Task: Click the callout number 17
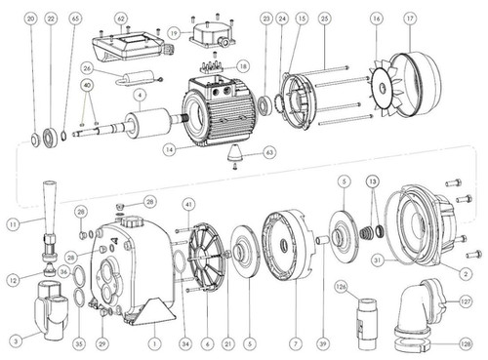click(409, 19)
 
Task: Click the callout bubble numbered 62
click(120, 19)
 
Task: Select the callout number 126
click(341, 287)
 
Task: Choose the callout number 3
click(15, 340)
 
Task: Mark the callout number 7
click(293, 342)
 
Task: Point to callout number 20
click(32, 19)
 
